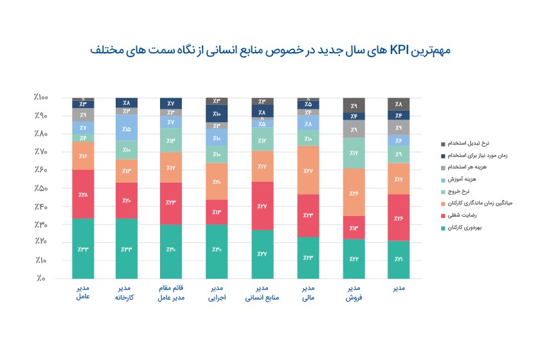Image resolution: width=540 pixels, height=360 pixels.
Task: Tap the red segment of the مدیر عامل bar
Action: (x=83, y=194)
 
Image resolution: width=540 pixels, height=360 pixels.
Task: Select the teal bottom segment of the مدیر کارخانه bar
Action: (x=127, y=249)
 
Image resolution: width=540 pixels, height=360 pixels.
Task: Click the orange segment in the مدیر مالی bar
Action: (x=308, y=170)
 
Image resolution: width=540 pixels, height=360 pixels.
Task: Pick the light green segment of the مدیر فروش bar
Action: (x=354, y=153)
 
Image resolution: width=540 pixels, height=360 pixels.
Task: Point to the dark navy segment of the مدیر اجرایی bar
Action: (x=217, y=113)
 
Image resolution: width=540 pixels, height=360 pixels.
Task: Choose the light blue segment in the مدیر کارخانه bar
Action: (x=127, y=128)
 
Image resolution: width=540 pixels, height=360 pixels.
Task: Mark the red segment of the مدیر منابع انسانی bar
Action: (x=262, y=206)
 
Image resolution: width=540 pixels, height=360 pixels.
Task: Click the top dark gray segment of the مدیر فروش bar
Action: (x=354, y=105)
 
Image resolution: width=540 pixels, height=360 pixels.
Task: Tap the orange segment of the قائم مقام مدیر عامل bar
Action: (x=171, y=167)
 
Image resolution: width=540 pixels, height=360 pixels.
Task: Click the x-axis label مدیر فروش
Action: (x=354, y=293)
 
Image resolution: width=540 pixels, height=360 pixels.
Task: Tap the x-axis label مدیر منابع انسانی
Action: (x=262, y=293)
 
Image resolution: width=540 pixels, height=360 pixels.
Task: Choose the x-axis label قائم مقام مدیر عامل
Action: (x=171, y=293)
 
